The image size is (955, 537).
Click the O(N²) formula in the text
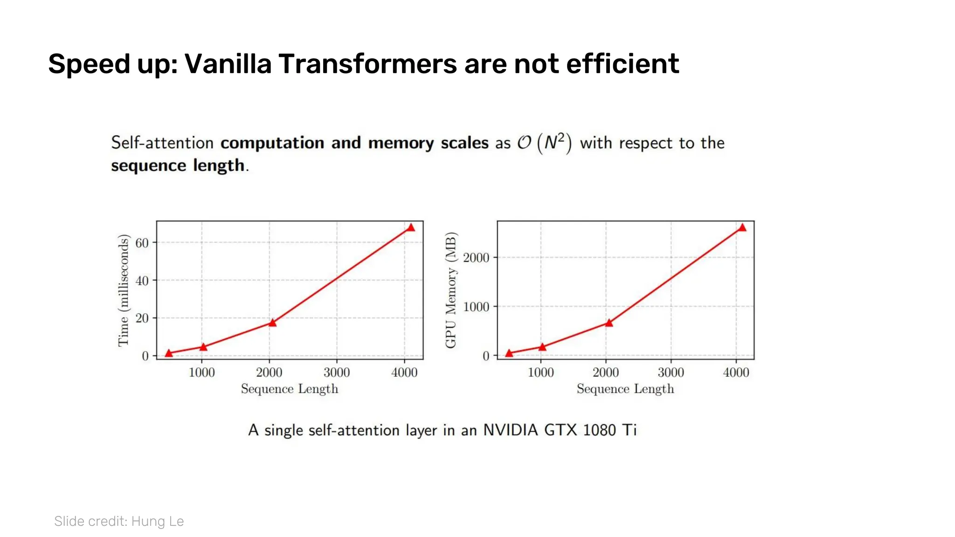tap(544, 143)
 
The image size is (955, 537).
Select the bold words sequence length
tap(178, 165)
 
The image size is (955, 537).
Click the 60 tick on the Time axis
tap(142, 243)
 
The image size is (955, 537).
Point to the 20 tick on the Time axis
tap(142, 318)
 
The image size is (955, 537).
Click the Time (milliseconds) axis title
tap(123, 290)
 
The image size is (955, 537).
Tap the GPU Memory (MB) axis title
tap(450, 289)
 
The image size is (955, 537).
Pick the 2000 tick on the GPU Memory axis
tap(476, 258)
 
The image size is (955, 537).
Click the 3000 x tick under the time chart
tap(337, 372)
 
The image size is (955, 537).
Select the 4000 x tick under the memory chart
tap(736, 372)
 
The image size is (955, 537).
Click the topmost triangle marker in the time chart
tap(410, 227)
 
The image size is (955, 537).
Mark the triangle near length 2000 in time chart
tap(272, 323)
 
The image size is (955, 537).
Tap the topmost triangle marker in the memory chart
tap(742, 227)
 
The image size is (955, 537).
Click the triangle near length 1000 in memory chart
tap(542, 347)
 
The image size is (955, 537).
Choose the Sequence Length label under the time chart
tap(289, 389)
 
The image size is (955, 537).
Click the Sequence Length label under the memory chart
tap(625, 389)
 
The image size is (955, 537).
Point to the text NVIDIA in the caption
tap(510, 430)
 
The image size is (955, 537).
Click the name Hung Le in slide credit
tap(157, 521)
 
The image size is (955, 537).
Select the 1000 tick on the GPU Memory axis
tap(476, 307)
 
